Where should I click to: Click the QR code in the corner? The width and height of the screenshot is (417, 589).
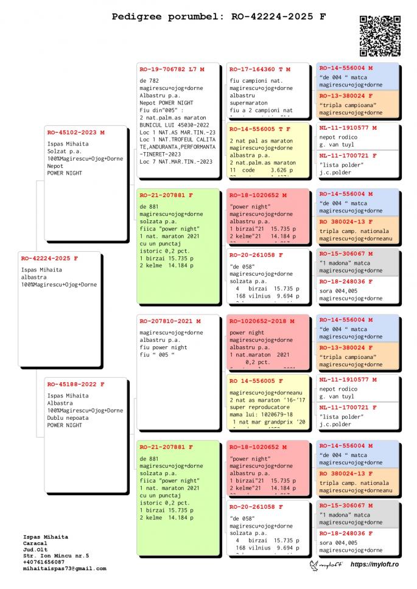click(380, 35)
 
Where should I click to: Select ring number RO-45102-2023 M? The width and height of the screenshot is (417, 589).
click(76, 132)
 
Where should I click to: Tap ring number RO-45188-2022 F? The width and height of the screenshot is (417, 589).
click(76, 384)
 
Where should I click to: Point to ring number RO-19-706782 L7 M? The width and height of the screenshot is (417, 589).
click(172, 69)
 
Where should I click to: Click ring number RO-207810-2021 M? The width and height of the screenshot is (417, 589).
click(170, 321)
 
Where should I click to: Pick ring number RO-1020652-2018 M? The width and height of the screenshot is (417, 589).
click(262, 321)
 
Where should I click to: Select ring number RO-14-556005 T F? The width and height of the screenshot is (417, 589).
click(260, 129)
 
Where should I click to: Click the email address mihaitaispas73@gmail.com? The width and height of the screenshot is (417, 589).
click(65, 568)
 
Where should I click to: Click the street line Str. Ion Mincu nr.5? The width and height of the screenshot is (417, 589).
click(56, 556)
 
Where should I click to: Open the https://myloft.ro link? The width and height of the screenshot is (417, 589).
click(374, 565)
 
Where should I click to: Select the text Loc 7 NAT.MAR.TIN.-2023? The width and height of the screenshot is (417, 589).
click(176, 161)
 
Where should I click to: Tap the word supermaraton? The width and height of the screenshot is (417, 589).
click(250, 103)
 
